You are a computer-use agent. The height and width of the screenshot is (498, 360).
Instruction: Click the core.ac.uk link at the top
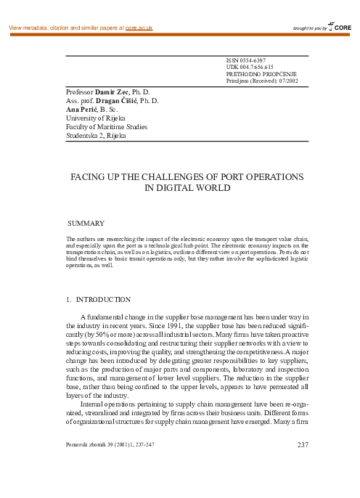139,28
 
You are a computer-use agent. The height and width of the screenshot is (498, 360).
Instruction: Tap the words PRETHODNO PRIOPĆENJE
261,75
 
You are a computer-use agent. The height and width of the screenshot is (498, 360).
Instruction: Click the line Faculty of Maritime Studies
106,126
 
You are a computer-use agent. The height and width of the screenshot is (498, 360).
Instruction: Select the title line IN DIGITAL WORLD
187,188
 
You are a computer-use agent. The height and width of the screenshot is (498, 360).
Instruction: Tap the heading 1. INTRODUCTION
98,299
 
